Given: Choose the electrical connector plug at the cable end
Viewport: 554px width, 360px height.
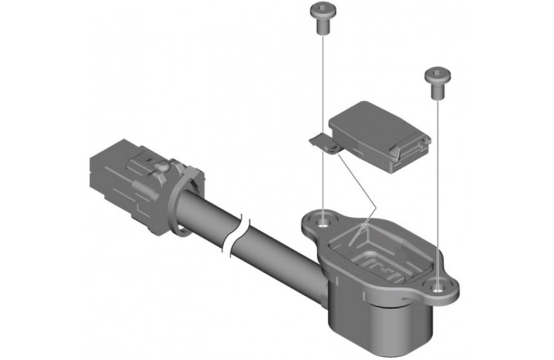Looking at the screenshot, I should point(123,179).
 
